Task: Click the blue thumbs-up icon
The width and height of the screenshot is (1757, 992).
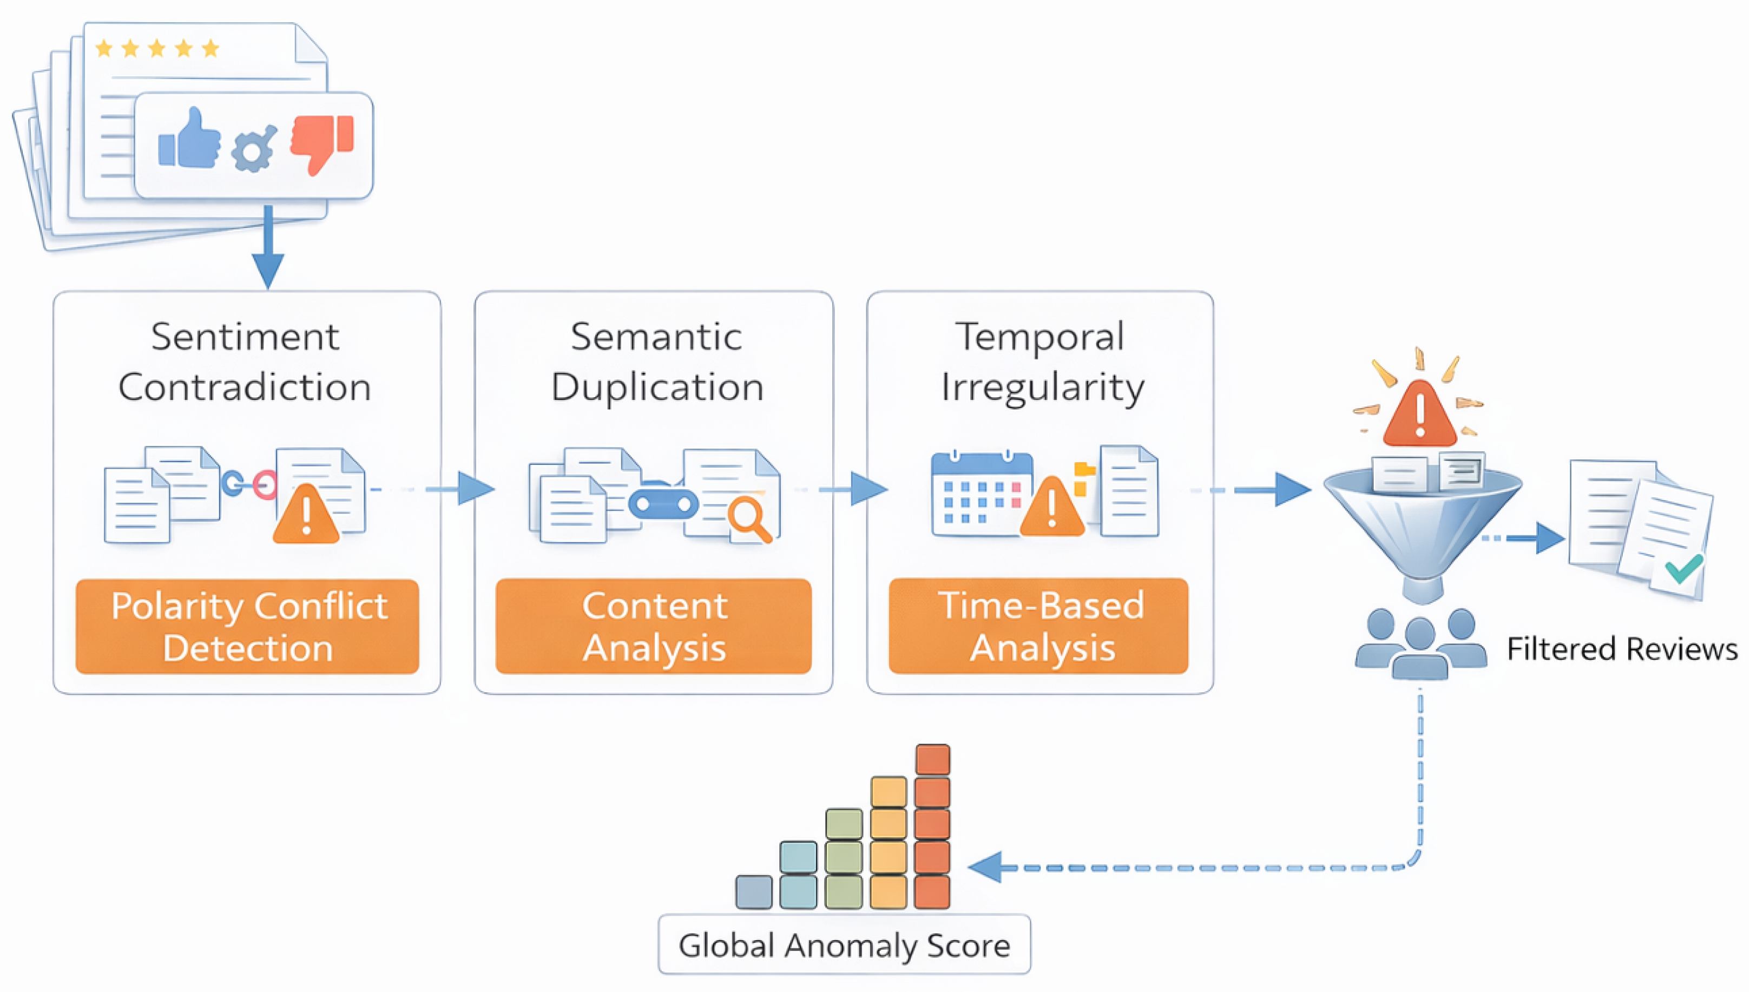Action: point(190,139)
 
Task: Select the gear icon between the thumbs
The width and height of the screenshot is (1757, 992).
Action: point(253,149)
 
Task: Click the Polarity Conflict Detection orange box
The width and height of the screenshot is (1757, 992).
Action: point(248,626)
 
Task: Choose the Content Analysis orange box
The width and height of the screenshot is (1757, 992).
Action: point(654,626)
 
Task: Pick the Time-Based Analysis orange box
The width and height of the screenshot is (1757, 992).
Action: point(1039,626)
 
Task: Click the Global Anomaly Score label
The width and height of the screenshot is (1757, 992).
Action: point(844,945)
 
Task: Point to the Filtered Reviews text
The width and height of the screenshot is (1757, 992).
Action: point(1621,649)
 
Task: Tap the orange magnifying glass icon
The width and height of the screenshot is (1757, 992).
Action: point(748,518)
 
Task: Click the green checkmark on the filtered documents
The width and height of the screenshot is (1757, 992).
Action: point(1683,568)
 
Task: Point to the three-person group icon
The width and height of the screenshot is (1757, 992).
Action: point(1420,645)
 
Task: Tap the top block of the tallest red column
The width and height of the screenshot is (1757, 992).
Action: point(932,760)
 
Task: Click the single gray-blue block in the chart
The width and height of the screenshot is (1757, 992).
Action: point(754,892)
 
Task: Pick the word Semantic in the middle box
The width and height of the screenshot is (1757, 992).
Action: point(656,337)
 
